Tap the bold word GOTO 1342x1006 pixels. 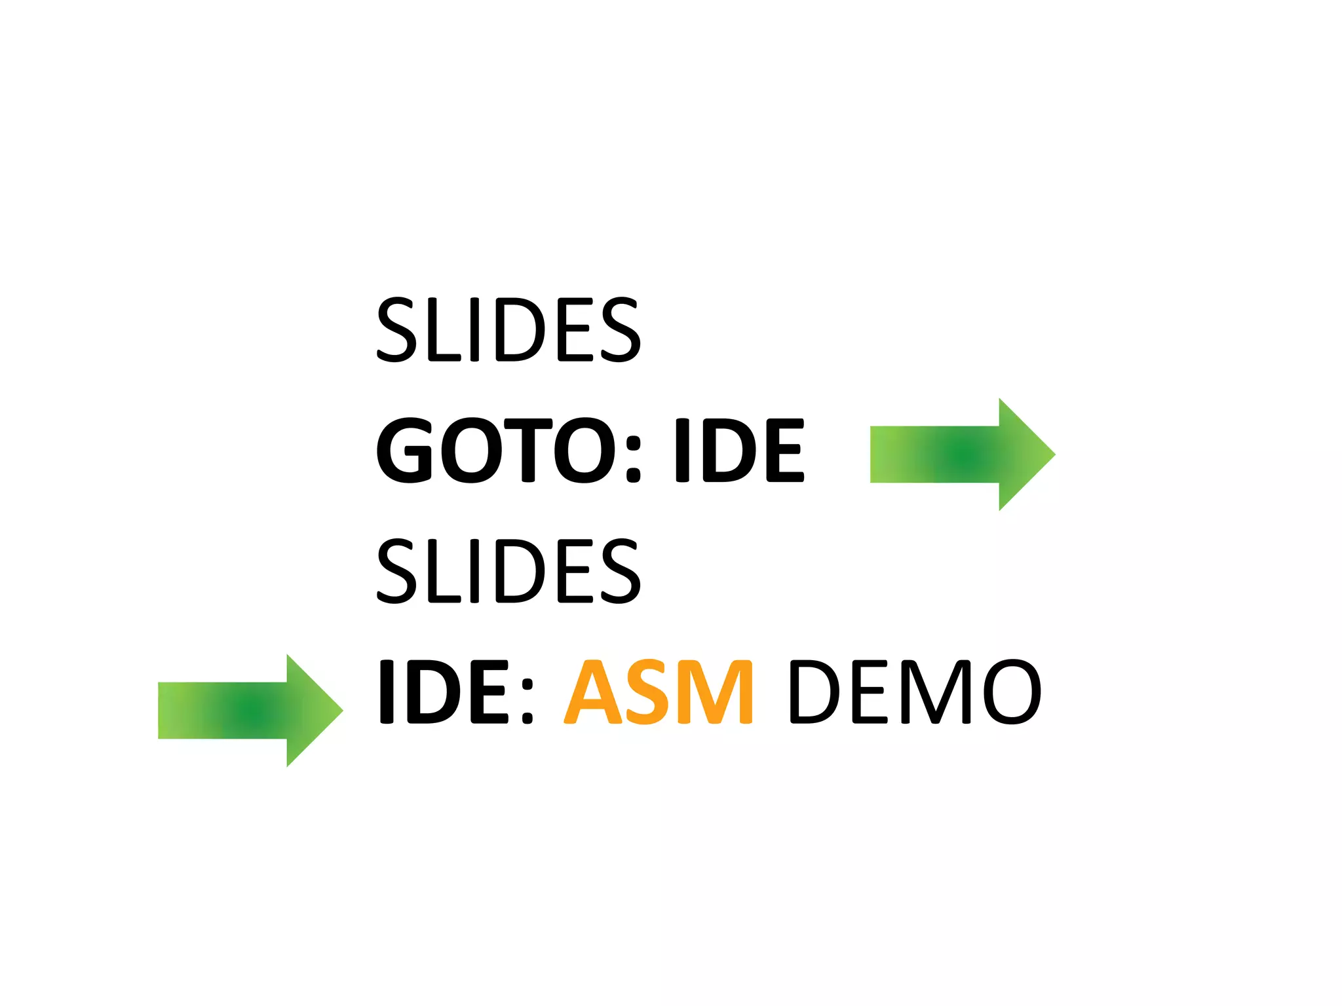pyautogui.click(x=495, y=451)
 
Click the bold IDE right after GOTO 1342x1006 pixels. pyautogui.click(x=739, y=451)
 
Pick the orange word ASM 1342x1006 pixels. pyautogui.click(x=659, y=692)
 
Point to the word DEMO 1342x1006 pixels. pyautogui.click(x=915, y=692)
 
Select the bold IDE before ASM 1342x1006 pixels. pyautogui.click(x=444, y=692)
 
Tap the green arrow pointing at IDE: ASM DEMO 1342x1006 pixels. pyautogui.click(x=250, y=710)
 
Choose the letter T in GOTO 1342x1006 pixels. pyautogui.click(x=527, y=451)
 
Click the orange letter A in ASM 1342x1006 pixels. pyautogui.click(x=593, y=692)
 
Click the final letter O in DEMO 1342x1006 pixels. pyautogui.click(x=1012, y=692)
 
